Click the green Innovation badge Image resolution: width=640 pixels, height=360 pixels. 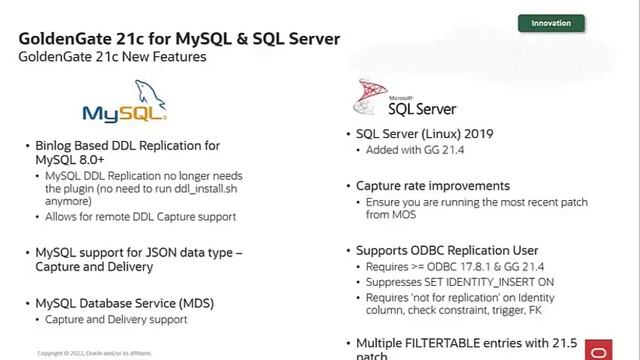[x=551, y=23]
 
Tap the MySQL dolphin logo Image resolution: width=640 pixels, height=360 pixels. [x=124, y=105]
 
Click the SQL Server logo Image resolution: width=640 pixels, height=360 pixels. [x=404, y=101]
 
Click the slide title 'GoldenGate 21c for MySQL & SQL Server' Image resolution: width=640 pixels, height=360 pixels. [x=179, y=38]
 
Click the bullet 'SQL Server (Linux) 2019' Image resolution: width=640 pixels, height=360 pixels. [x=424, y=134]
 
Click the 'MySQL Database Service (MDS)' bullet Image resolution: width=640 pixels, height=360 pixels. [x=124, y=303]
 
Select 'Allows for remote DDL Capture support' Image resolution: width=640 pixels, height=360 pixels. [x=140, y=216]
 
